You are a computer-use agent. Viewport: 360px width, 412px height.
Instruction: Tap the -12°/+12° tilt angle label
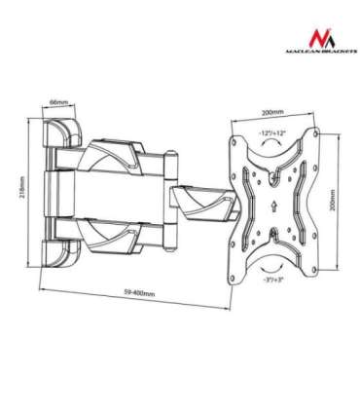(271, 131)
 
